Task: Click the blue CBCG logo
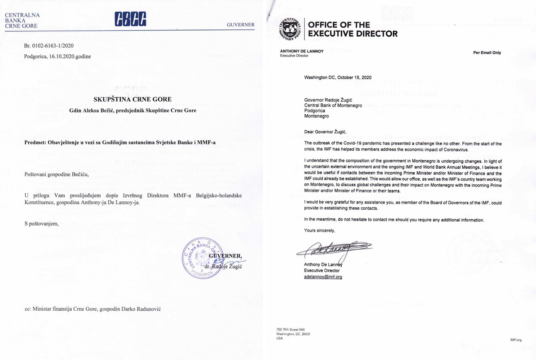click(x=130, y=19)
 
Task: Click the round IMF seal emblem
click(x=291, y=29)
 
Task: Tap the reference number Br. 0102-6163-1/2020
click(x=49, y=46)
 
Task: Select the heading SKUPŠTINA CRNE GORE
click(x=132, y=99)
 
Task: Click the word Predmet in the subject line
click(x=35, y=143)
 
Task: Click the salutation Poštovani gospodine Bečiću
click(x=56, y=174)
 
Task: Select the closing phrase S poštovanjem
click(x=41, y=224)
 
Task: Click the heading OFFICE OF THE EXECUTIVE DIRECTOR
click(x=353, y=29)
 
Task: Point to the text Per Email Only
click(x=487, y=53)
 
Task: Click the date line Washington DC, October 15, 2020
click(x=338, y=78)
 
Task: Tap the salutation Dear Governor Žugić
click(x=325, y=132)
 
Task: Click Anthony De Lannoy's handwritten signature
click(x=333, y=249)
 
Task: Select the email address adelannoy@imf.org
click(x=323, y=277)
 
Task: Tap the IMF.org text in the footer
click(x=516, y=340)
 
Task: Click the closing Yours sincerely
click(x=319, y=231)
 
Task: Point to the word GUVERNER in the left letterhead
click(x=240, y=25)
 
